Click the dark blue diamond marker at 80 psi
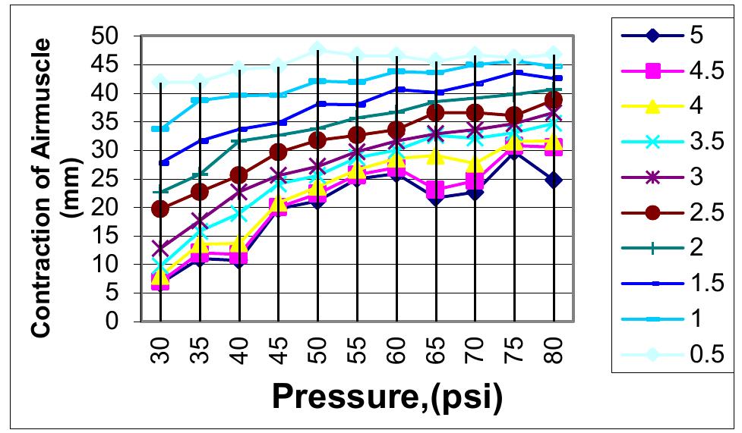pyautogui.click(x=553, y=180)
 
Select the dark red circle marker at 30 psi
pyautogui.click(x=160, y=209)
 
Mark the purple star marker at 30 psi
pyautogui.click(x=160, y=249)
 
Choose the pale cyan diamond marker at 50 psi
pyautogui.click(x=317, y=50)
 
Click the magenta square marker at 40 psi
pyautogui.click(x=239, y=257)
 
